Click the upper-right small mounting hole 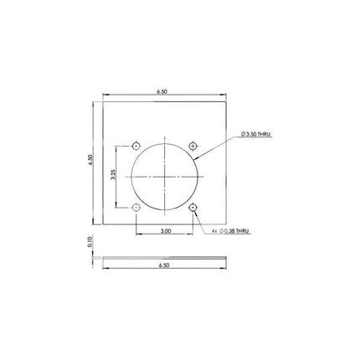coord(193,143)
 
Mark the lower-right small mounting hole coord(193,207)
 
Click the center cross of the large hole coord(165,175)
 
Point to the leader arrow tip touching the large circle coord(193,158)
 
